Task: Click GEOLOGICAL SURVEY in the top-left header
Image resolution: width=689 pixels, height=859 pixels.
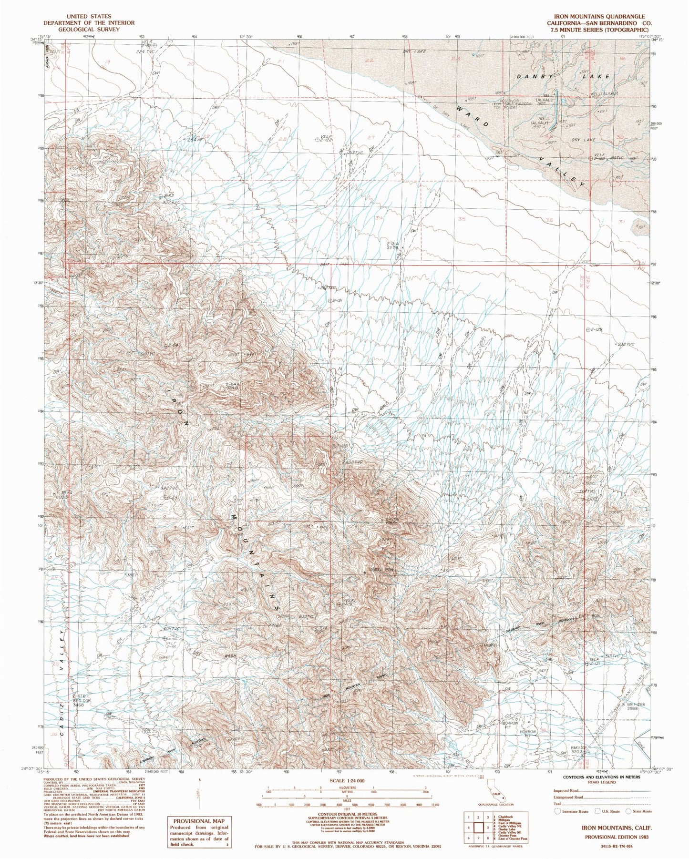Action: pos(89,29)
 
